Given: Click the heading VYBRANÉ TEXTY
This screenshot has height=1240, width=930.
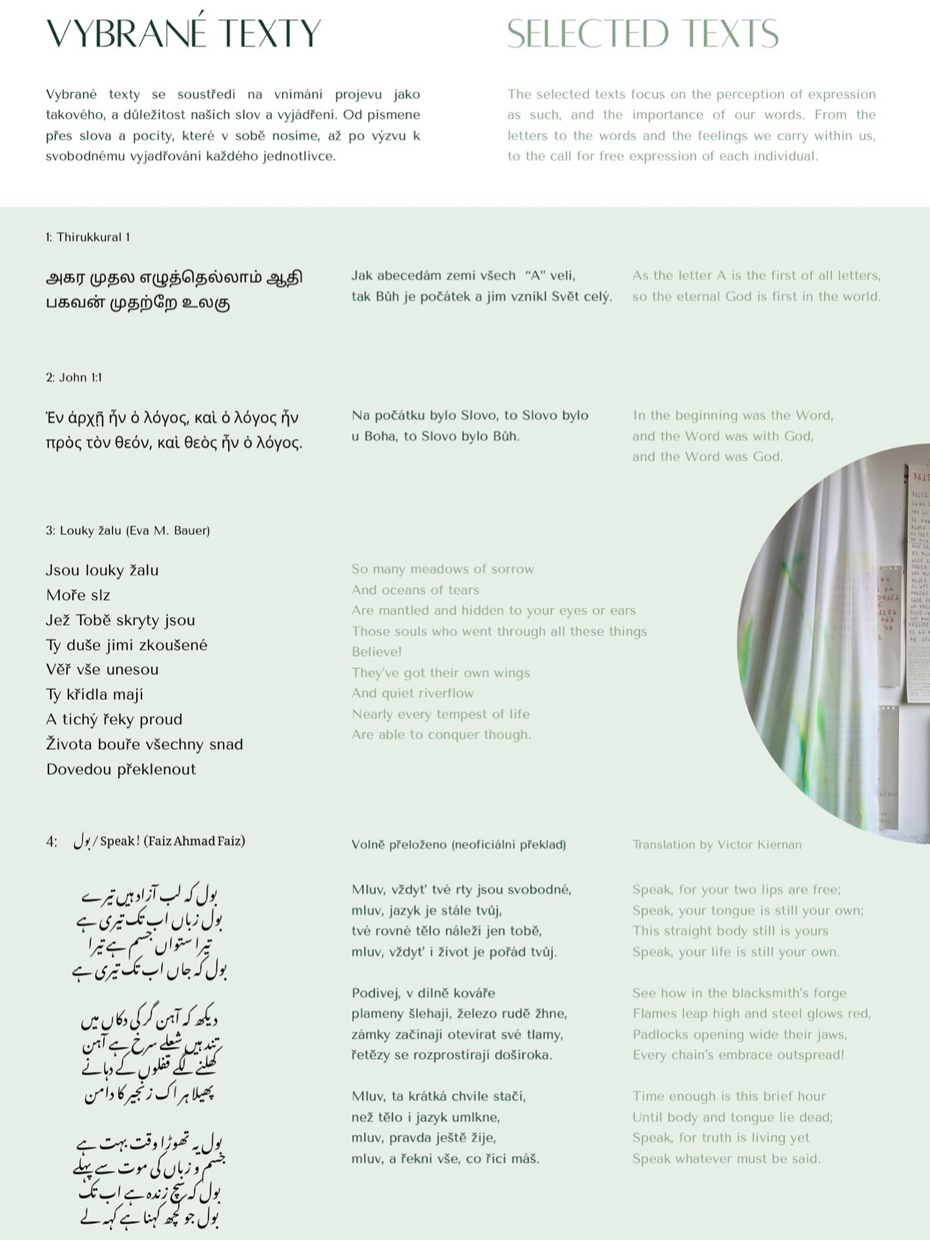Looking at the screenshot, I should tap(183, 34).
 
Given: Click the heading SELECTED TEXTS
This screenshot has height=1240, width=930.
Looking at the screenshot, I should tap(643, 34).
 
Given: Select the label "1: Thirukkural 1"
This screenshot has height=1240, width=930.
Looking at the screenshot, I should tap(88, 237).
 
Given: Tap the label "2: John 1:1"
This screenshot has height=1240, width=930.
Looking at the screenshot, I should tap(74, 377).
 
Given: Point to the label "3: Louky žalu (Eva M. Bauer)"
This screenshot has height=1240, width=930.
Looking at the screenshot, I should tap(128, 530).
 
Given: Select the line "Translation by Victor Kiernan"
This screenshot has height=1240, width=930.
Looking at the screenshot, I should tap(717, 844).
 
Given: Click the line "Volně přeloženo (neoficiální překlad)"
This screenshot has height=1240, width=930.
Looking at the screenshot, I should tap(459, 844).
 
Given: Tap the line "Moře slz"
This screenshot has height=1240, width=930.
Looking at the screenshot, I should tap(78, 595).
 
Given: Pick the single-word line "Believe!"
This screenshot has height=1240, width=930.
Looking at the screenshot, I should tap(377, 652).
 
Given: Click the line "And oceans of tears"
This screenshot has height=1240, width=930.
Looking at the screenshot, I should tap(415, 590).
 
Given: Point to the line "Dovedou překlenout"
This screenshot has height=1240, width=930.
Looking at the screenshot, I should tap(121, 769).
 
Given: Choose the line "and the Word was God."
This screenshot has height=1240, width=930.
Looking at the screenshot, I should tap(707, 457).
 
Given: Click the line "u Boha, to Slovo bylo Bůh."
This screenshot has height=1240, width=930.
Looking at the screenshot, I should tap(435, 436).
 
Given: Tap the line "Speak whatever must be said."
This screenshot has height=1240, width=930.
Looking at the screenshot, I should tap(727, 1158).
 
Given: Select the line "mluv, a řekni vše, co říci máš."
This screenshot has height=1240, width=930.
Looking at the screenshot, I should tap(445, 1158).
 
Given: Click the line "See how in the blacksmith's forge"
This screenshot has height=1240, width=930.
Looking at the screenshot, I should tap(739, 993).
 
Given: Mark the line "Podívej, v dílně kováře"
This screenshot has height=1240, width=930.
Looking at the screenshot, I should tap(423, 993).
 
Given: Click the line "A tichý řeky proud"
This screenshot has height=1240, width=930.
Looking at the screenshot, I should tap(114, 719).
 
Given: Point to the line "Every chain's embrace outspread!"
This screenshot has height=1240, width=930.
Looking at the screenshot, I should tap(738, 1055).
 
